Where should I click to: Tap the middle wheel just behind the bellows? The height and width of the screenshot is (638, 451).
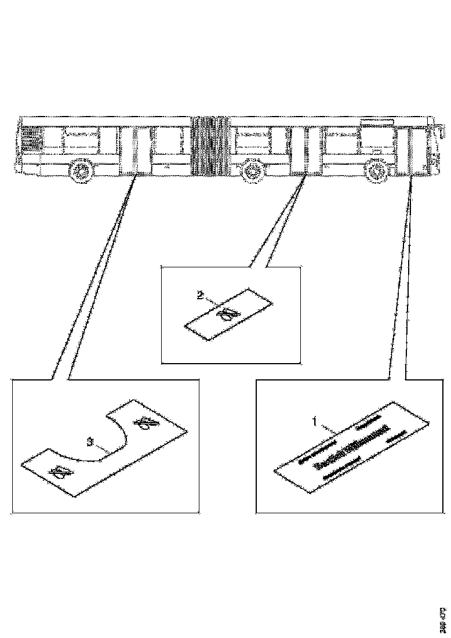point(252,170)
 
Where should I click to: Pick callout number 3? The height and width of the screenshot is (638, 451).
point(90,442)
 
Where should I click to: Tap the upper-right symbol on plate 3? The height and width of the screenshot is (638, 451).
point(145,425)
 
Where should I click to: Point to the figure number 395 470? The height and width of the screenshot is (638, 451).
point(443,619)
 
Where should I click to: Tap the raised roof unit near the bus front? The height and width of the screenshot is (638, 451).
point(377,121)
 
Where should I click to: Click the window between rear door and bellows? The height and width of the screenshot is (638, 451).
point(170,139)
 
